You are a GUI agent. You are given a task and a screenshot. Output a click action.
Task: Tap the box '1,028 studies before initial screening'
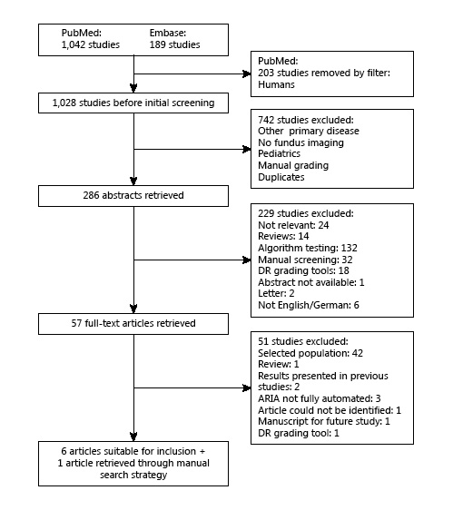133,104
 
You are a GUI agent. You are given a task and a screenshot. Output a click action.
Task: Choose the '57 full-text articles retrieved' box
133,322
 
